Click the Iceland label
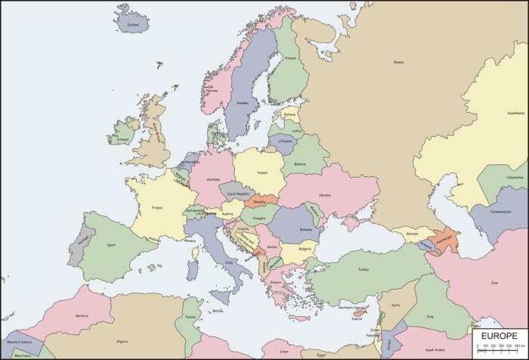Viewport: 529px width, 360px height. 134,24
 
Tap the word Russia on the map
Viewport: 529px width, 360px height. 398,63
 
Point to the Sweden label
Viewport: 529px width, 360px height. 242,103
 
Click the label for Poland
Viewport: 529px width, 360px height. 261,173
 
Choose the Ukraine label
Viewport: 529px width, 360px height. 325,194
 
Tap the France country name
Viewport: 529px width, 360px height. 157,208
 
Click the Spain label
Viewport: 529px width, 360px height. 112,244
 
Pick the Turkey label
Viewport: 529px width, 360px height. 363,269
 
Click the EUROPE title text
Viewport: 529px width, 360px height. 497,335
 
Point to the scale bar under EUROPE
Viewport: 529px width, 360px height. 497,349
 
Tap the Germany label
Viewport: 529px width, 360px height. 214,180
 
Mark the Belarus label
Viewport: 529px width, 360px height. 300,164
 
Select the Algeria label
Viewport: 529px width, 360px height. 121,341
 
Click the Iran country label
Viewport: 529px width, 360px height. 495,283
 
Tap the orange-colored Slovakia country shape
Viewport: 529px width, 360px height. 260,202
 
